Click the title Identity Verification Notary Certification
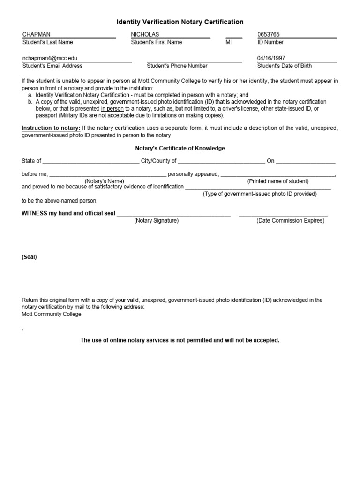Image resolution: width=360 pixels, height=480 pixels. (180, 22)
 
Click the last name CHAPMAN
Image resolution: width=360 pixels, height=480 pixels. (37, 34)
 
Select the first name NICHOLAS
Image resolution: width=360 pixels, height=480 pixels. (145, 34)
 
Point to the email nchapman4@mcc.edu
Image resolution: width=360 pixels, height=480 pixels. (50, 58)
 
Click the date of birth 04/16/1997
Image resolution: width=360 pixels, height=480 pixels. (271, 58)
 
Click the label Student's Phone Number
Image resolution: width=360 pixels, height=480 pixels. (177, 66)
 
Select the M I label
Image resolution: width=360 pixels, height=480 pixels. (229, 42)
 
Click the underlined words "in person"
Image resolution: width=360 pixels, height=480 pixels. (112, 109)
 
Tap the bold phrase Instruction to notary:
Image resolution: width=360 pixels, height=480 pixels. (51, 128)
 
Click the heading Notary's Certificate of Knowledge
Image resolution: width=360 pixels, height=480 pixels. (180, 149)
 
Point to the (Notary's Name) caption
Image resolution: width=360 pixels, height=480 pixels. (104, 181)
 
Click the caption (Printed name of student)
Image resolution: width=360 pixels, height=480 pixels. (278, 181)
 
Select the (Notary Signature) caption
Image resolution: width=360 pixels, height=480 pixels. (156, 221)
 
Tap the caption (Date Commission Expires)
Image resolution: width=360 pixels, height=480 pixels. (290, 221)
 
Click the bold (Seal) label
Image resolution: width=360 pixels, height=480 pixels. (29, 257)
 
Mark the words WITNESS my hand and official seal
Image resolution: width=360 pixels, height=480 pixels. (68, 213)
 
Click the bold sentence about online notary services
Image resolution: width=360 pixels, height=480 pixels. (180, 340)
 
